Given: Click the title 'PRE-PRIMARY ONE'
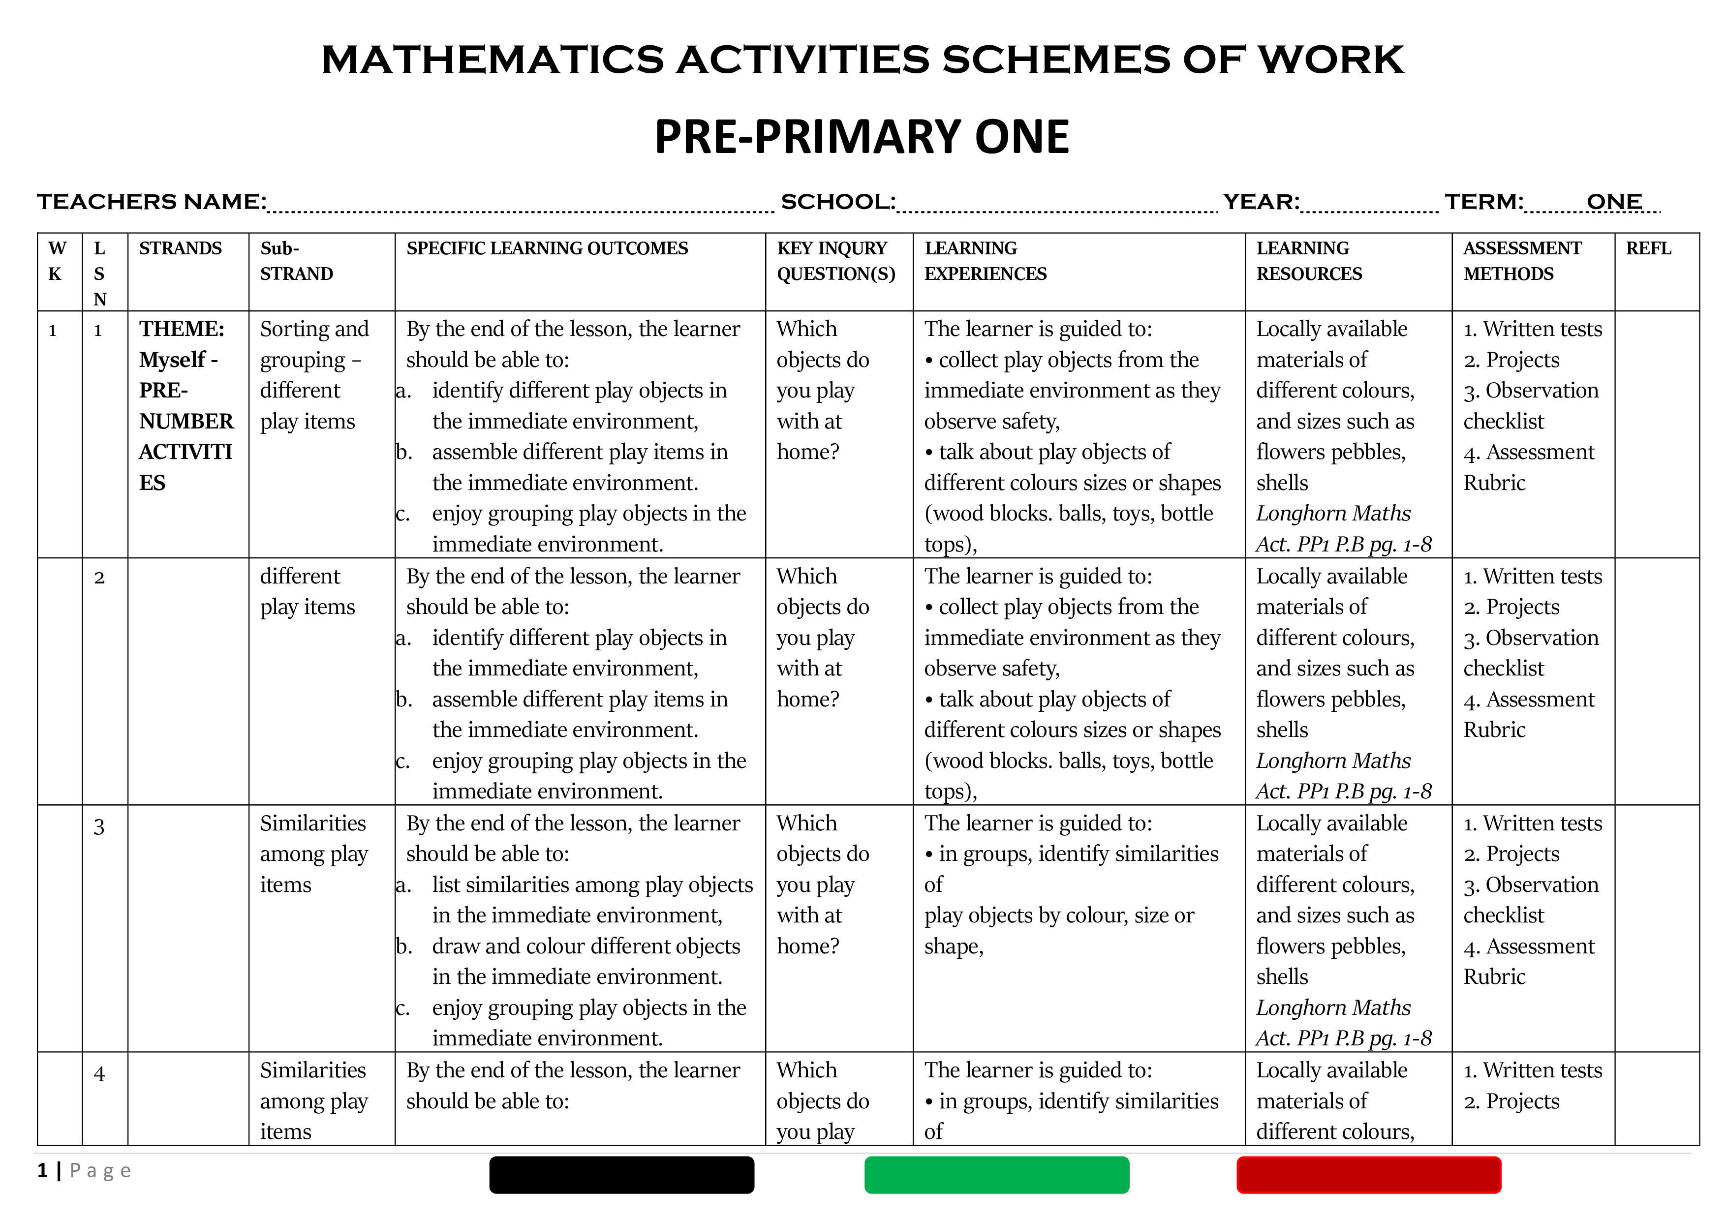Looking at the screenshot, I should pyautogui.click(x=862, y=137).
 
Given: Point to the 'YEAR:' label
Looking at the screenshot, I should pyautogui.click(x=1261, y=202).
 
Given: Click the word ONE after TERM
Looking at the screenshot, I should pyautogui.click(x=1614, y=202).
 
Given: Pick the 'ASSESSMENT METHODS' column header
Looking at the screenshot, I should pyautogui.click(x=1522, y=261).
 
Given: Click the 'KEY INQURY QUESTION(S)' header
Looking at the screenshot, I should pyautogui.click(x=836, y=261).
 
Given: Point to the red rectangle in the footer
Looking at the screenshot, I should pyautogui.click(x=1368, y=1175).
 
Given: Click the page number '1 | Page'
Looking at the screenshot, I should pyautogui.click(x=84, y=1170).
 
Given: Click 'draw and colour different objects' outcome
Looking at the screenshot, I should pyautogui.click(x=586, y=946).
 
